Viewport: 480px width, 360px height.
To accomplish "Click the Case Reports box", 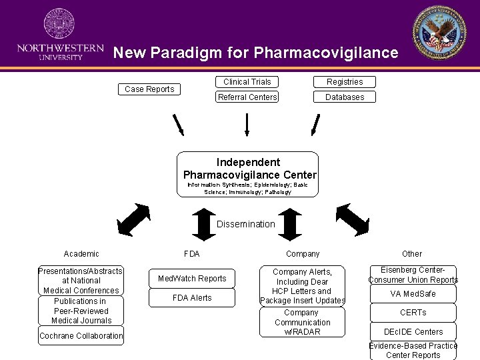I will click(150, 89).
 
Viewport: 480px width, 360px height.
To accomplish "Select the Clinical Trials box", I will click(247, 82).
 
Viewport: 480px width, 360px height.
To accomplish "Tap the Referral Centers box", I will click(247, 97).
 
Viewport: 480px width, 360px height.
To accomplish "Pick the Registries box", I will click(345, 82).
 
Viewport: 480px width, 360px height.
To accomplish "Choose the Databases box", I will click(345, 97).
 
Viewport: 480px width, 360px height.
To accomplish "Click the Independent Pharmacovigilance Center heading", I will click(248, 169).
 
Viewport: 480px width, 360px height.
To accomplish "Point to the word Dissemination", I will click(245, 224).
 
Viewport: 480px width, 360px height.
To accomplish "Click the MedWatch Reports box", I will click(192, 279).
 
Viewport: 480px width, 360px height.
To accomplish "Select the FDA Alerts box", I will click(192, 298).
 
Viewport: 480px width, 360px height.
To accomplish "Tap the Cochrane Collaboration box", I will click(81, 336).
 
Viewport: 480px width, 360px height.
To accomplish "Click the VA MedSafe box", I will click(413, 294).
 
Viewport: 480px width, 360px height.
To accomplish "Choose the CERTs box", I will click(413, 313).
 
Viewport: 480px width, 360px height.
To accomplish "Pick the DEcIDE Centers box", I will click(413, 331).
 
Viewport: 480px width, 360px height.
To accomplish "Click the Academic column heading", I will click(81, 254).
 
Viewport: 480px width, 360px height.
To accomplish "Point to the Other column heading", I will click(412, 254).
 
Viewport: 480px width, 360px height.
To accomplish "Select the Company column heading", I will click(303, 254).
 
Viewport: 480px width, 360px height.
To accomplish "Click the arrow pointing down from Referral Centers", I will click(247, 124).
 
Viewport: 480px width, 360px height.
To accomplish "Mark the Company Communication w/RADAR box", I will click(302, 322).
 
